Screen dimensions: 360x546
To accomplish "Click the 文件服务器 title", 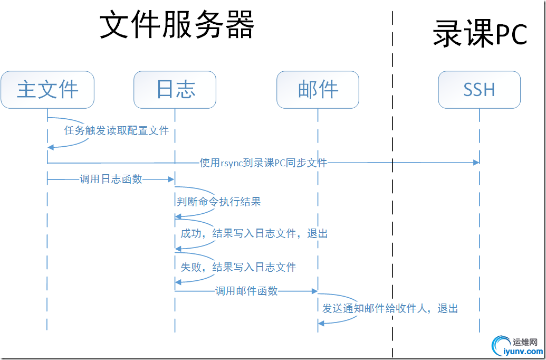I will (177, 25).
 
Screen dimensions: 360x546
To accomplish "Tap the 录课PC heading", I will (480, 35).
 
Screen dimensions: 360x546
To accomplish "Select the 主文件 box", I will (47, 90).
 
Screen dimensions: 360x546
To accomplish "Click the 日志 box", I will (175, 90).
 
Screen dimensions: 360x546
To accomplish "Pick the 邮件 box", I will (318, 90).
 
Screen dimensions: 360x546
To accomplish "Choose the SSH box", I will (479, 90).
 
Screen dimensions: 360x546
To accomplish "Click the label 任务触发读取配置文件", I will (117, 130).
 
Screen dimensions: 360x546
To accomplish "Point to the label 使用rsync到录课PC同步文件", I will (263, 162).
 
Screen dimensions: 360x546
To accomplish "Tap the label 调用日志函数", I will (111, 179).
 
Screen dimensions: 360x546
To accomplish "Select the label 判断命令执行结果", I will (218, 201).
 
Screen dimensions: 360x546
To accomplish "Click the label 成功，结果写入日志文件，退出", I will (254, 233).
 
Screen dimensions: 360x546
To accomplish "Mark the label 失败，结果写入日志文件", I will (238, 267).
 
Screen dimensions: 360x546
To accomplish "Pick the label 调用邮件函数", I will (246, 291).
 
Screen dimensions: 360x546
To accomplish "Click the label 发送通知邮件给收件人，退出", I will (390, 308).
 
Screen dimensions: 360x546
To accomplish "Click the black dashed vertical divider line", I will (393, 211).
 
